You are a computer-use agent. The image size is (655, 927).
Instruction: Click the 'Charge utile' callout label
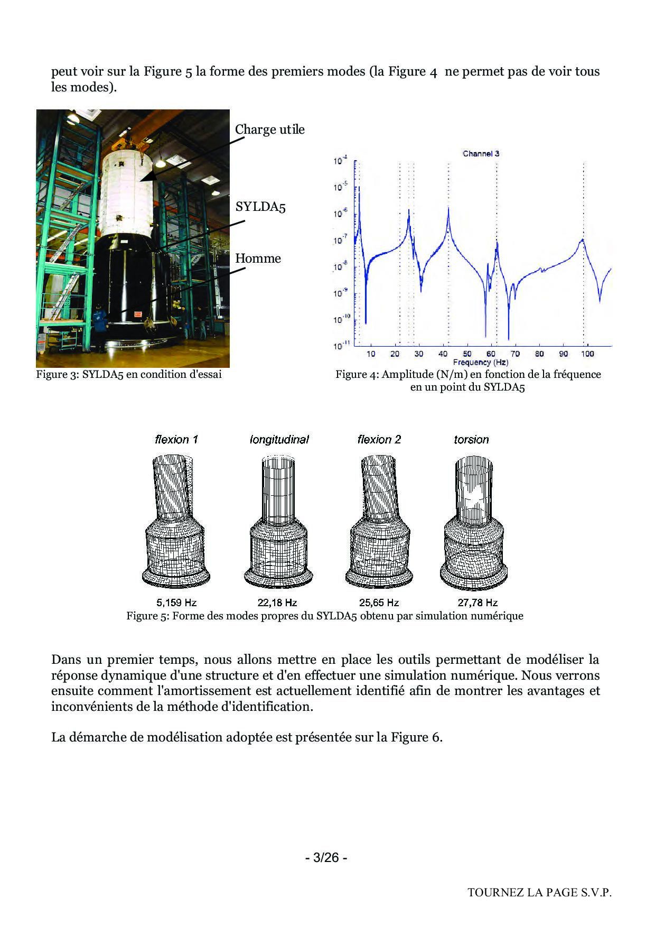pos(269,129)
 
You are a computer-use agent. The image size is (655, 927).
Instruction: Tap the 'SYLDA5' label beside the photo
pos(260,207)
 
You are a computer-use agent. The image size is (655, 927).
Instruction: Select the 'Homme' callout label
pos(258,258)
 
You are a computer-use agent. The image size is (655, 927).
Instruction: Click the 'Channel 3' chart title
pos(481,154)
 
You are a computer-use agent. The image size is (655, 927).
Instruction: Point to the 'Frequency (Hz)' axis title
pos(480,363)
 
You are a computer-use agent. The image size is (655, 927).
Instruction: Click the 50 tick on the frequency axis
pos(467,354)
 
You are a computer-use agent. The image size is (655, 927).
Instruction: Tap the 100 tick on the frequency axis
pos(587,354)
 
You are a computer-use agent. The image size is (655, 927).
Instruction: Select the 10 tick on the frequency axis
pos(371,354)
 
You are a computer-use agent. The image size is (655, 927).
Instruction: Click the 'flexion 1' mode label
pos(176,440)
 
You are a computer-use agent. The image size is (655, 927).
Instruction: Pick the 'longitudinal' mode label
pos(279,440)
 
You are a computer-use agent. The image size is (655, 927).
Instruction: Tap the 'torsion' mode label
pos(471,440)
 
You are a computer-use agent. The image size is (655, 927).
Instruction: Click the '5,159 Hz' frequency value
pos(176,602)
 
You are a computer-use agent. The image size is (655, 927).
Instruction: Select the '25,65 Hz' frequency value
pos(379,602)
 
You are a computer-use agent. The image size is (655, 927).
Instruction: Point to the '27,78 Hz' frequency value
pos(478,602)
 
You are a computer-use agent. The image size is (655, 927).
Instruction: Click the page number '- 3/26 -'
pos(326,857)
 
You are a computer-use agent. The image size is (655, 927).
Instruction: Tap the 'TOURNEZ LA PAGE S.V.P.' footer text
pos(539,893)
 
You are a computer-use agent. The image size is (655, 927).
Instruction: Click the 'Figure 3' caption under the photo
pos(129,375)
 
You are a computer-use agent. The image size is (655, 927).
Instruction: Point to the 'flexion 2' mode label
pos(379,440)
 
